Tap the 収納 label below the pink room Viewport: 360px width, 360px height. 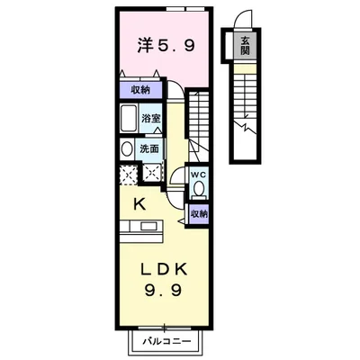139,90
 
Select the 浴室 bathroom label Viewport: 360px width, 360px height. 149,117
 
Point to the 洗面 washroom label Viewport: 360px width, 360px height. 149,148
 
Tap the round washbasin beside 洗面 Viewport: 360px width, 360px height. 126,149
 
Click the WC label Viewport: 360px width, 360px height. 200,175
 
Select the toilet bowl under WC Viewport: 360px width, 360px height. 200,188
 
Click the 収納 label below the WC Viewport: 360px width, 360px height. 200,214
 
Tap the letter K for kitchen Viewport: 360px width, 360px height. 141,204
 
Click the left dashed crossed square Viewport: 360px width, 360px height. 127,173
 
